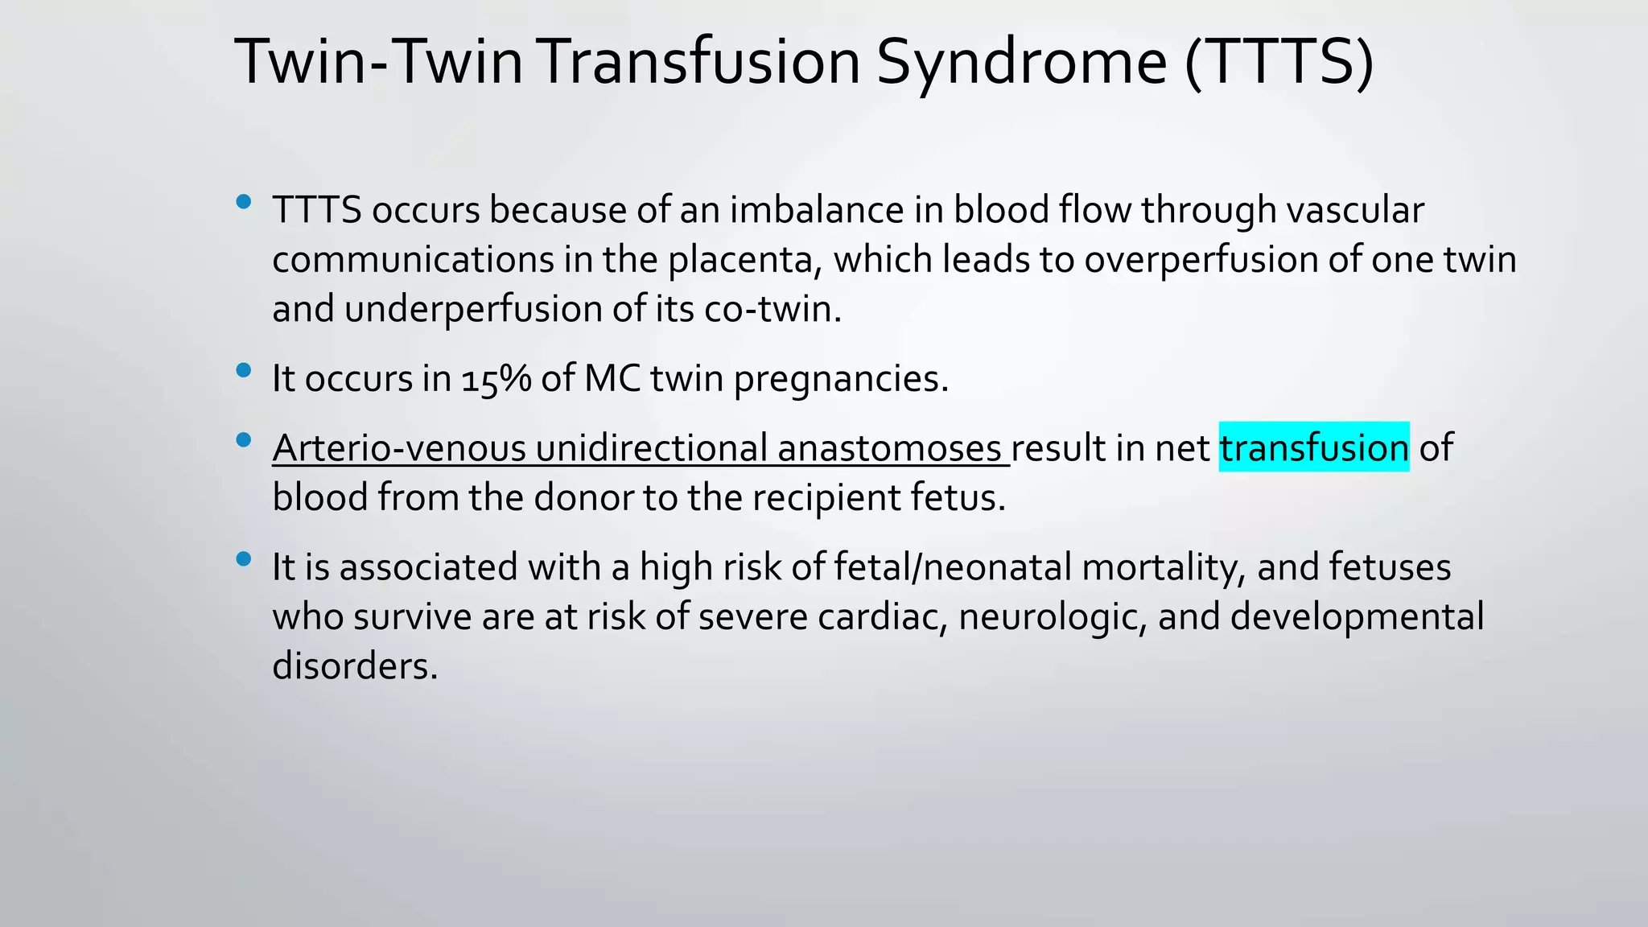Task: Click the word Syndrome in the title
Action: [1020, 63]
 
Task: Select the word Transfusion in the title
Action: [700, 63]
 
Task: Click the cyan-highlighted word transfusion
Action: [1313, 447]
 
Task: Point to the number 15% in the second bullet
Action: [496, 378]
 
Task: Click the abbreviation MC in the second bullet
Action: [612, 378]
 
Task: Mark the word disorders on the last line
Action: [354, 666]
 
